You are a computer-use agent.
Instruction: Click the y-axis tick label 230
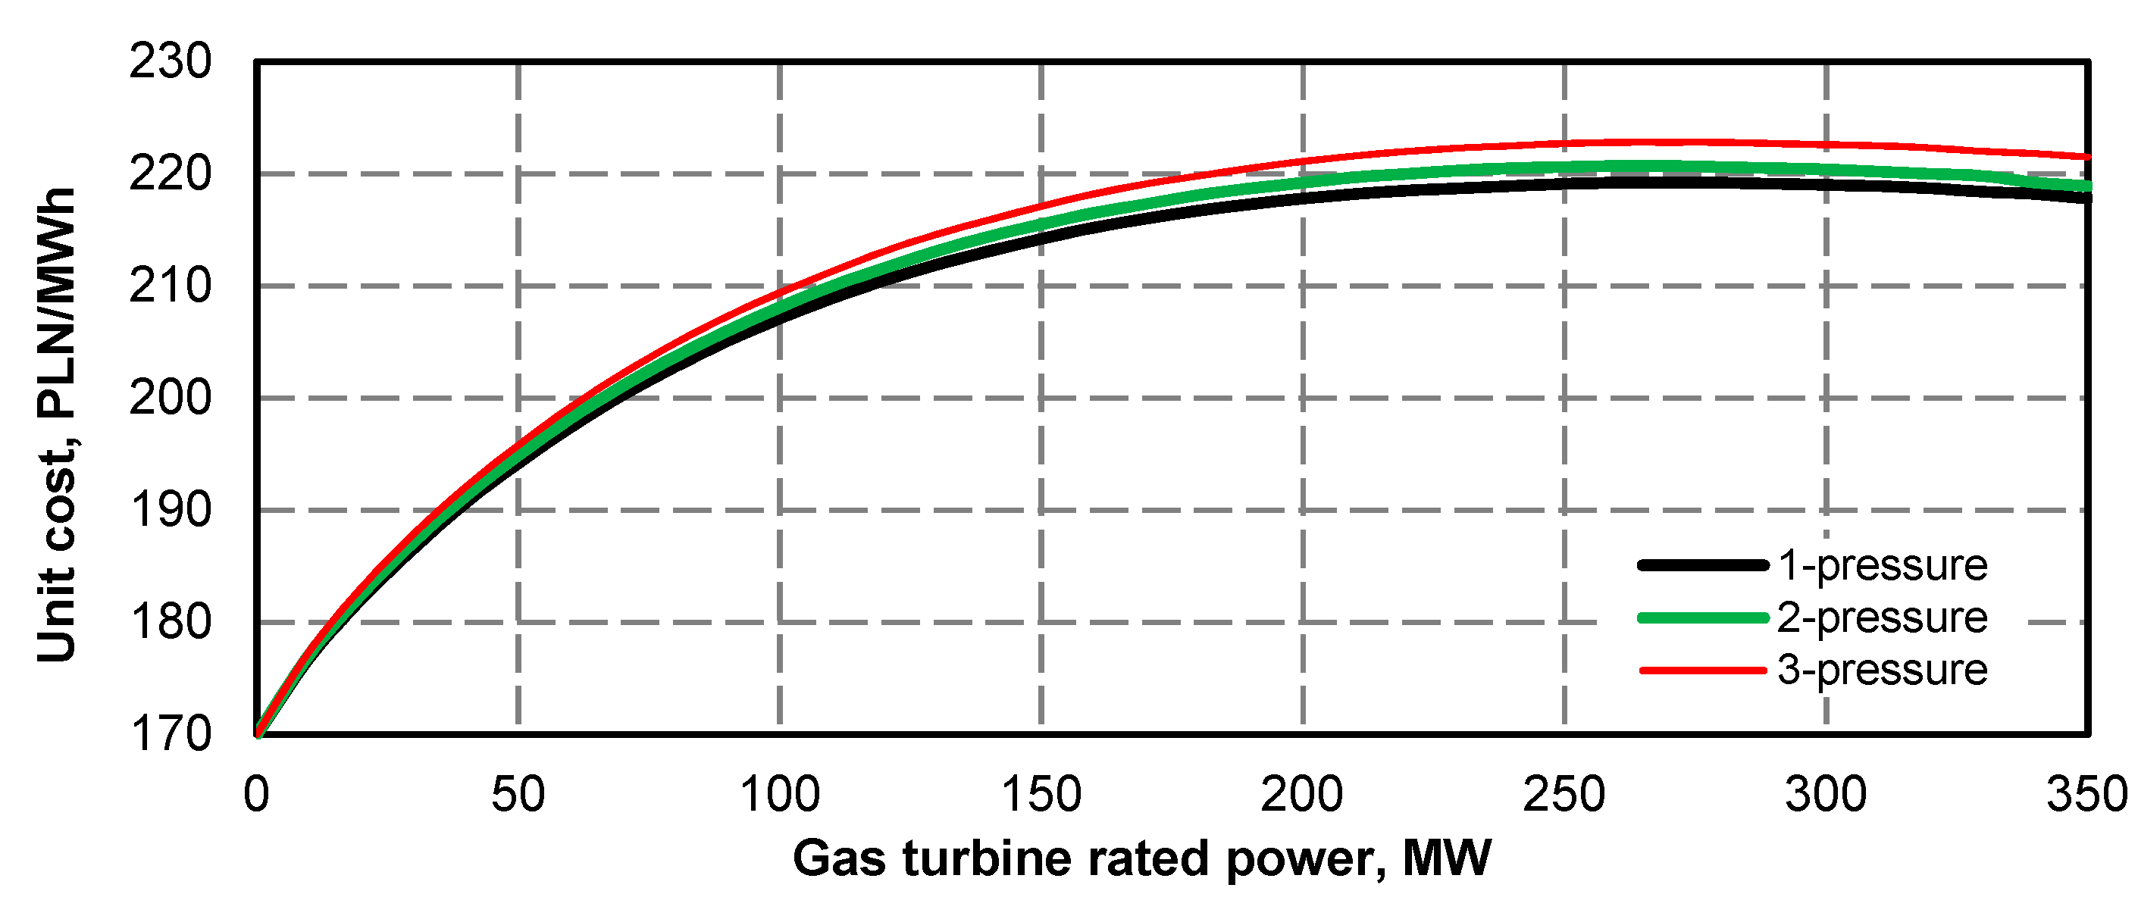(x=170, y=62)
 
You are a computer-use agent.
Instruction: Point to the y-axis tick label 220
(x=170, y=174)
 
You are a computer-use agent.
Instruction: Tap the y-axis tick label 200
(x=170, y=399)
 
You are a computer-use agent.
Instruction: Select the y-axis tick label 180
(x=170, y=622)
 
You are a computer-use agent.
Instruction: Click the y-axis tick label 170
(x=170, y=734)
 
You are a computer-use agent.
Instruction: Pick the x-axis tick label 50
(x=518, y=795)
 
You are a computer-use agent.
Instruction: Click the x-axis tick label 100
(x=779, y=795)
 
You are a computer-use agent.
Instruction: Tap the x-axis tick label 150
(x=1041, y=795)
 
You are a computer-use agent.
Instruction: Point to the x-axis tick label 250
(x=1564, y=795)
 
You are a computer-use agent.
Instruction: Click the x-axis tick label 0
(x=256, y=795)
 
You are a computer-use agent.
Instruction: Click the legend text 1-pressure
(x=1882, y=566)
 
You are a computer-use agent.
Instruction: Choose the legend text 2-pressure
(x=1882, y=618)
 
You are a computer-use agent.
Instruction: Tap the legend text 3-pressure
(x=1882, y=671)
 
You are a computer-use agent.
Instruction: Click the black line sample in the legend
(x=1702, y=565)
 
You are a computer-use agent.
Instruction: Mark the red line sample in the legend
(x=1702, y=670)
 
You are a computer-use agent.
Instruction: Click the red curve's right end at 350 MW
(x=2085, y=156)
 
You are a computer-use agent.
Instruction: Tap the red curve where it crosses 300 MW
(x=1826, y=145)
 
